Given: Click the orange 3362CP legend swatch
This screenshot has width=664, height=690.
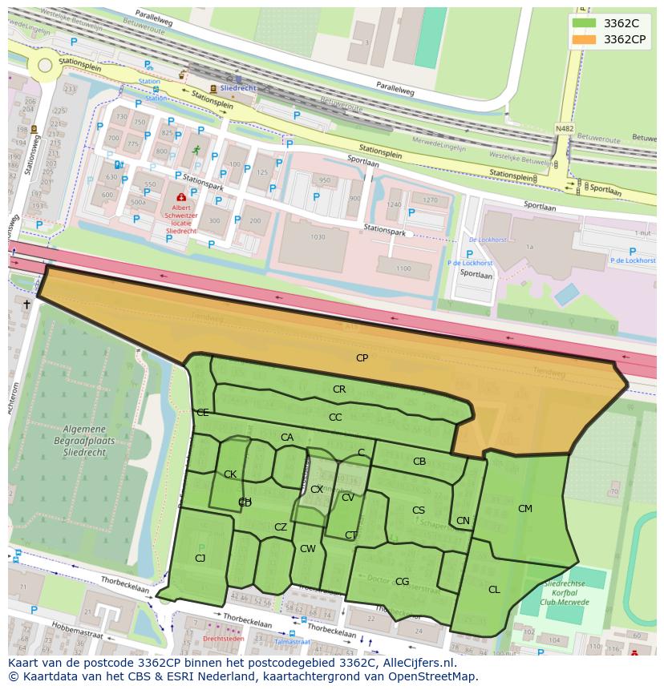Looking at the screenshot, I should [x=585, y=39].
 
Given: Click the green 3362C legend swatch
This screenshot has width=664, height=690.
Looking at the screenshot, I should [x=585, y=23].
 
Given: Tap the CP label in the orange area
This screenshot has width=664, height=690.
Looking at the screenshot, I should [x=362, y=358].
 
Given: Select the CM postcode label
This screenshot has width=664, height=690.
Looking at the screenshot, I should [x=524, y=509].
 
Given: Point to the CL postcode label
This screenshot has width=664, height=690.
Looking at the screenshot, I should [x=494, y=590].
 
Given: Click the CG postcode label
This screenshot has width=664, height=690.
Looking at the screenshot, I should [x=403, y=582].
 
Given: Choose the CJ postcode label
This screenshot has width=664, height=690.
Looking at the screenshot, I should [x=200, y=559].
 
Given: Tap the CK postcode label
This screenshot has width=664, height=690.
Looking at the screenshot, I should [x=230, y=474].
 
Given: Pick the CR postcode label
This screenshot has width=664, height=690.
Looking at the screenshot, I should [x=339, y=389].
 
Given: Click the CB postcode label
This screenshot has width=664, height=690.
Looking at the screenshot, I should [x=419, y=462].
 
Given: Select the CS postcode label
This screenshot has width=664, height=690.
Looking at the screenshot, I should [x=419, y=510].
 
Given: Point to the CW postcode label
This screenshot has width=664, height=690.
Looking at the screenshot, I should [x=308, y=549].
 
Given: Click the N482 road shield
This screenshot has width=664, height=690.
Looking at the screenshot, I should [x=565, y=128].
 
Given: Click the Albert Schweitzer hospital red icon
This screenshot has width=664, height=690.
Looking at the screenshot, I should [x=181, y=196].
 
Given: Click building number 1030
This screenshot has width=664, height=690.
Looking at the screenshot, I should [x=318, y=237].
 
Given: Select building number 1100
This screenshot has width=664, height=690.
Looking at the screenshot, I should [x=403, y=268].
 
